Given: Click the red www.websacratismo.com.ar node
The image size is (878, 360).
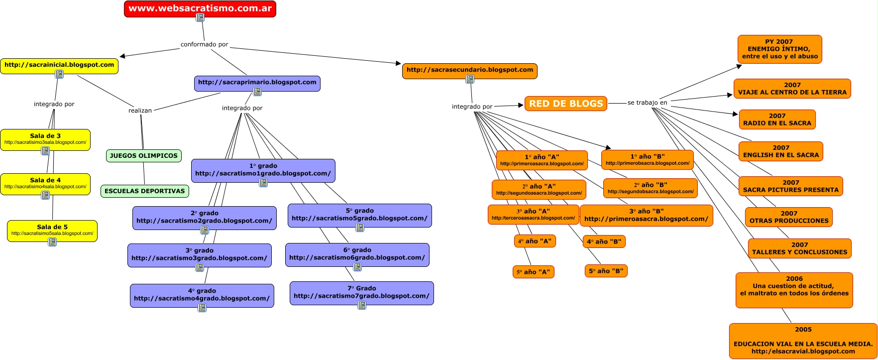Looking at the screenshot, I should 200,8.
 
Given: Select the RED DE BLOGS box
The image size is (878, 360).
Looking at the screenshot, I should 566,104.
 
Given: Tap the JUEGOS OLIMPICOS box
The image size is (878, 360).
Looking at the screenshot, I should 144,156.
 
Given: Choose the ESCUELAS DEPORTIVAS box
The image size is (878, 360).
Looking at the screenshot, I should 145,191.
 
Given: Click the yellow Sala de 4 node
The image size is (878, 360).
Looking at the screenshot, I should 45,183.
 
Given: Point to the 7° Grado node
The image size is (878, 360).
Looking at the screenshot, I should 361,292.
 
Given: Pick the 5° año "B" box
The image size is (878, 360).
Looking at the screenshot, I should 606,271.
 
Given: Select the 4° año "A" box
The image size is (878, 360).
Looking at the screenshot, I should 535,241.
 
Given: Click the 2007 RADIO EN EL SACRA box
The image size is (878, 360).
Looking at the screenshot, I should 777,120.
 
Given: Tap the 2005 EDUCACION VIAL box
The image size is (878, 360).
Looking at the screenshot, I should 803,341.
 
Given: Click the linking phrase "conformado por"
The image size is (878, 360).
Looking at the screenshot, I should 204,44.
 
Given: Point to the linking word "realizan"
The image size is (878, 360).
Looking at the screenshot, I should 140,111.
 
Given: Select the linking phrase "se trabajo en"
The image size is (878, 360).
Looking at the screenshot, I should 647,103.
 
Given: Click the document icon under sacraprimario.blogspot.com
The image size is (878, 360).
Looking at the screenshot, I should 257,92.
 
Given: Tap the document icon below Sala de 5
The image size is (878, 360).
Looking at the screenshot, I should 52,242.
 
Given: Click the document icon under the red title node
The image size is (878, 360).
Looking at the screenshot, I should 200,17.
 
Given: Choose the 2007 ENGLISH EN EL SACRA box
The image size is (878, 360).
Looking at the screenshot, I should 780,151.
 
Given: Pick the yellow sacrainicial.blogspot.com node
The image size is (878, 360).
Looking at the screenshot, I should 59,65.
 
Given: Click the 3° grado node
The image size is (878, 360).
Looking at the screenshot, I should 199,254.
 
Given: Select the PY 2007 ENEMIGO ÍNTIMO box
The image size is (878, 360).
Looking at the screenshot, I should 779,49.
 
